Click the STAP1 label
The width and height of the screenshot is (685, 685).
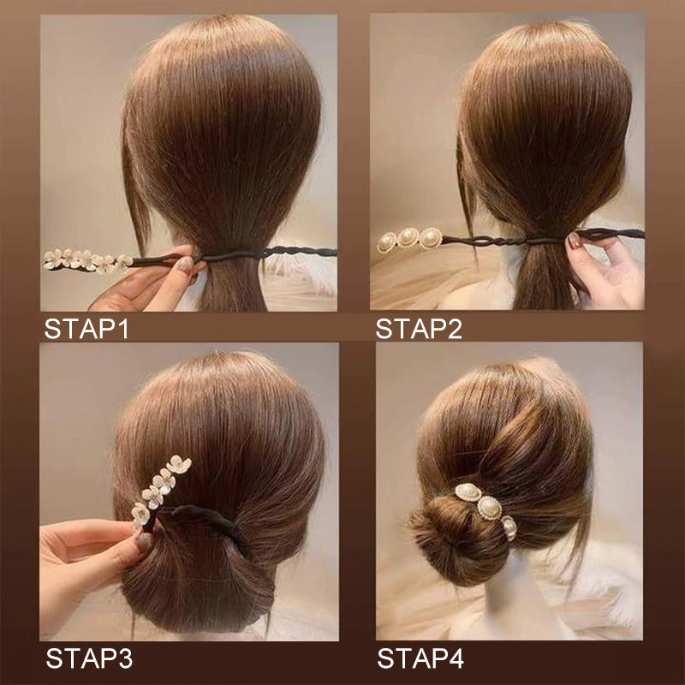86,329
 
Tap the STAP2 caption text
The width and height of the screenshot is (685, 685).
419,329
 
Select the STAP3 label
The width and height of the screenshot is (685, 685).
89,659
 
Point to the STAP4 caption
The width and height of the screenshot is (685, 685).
420,659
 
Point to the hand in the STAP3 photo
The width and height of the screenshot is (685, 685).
86,557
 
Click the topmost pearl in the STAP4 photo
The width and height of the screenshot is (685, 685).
468,493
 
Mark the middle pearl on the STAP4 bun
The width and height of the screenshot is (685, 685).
489,507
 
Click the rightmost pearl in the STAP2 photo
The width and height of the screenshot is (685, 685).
431,237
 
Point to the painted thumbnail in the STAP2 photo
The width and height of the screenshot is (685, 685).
575,241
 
